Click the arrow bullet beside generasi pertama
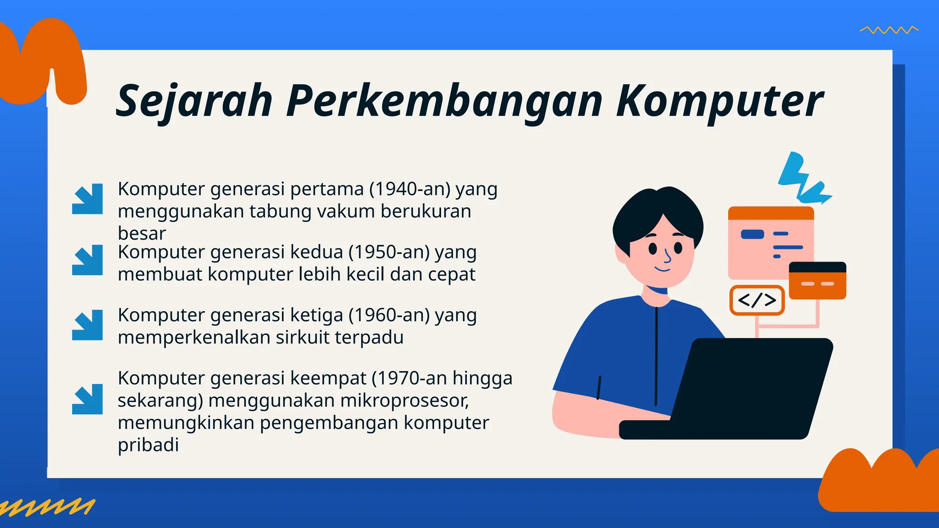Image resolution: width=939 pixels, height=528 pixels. click(87, 199)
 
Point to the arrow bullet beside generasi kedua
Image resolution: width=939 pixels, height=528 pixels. click(87, 260)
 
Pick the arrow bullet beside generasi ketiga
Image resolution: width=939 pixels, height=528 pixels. click(87, 325)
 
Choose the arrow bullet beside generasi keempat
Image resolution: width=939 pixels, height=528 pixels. click(87, 399)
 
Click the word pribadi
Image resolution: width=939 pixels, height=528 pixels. click(148, 445)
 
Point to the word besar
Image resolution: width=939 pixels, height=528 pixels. click(142, 233)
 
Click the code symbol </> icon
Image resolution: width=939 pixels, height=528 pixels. click(757, 300)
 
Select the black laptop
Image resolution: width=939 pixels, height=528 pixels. click(743, 390)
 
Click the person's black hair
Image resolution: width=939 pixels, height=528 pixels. click(656, 215)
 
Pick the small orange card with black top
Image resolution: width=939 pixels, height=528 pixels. click(817, 280)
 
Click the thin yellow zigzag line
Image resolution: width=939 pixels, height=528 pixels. click(889, 30)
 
